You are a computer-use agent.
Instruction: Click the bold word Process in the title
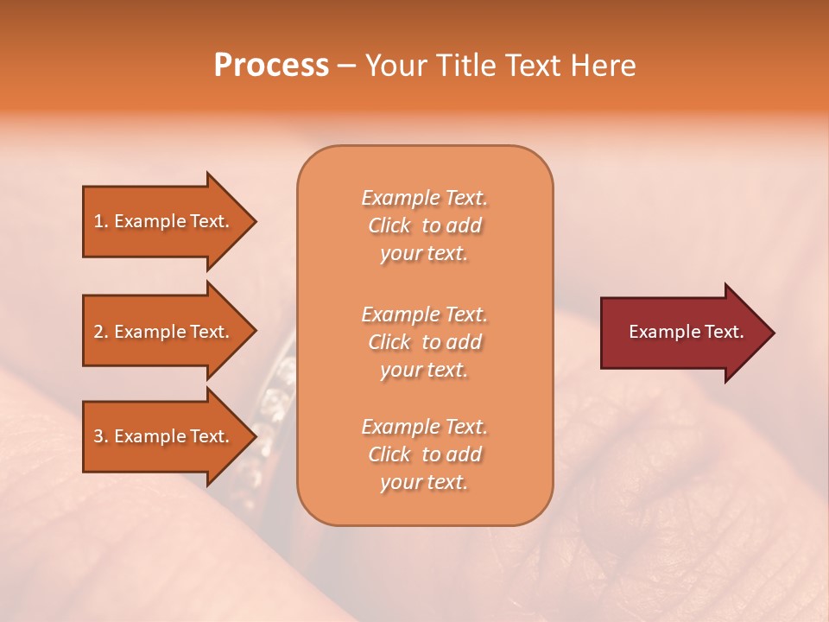point(271,66)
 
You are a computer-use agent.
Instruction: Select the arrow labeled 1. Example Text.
point(164,221)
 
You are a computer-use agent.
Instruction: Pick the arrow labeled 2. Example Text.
point(164,332)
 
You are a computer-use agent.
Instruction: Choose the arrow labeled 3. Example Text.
point(164,436)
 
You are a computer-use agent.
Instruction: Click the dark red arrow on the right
point(682,333)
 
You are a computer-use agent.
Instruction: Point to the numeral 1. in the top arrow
point(101,221)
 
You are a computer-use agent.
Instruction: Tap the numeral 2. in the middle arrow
point(101,332)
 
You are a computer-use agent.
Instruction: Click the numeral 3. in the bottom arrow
point(101,436)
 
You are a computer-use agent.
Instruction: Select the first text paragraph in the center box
point(424,225)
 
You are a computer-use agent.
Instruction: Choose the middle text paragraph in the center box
point(424,342)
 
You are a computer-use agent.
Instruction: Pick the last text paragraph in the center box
point(424,454)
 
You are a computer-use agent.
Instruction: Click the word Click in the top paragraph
point(389,225)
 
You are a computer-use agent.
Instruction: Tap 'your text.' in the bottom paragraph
point(424,482)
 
